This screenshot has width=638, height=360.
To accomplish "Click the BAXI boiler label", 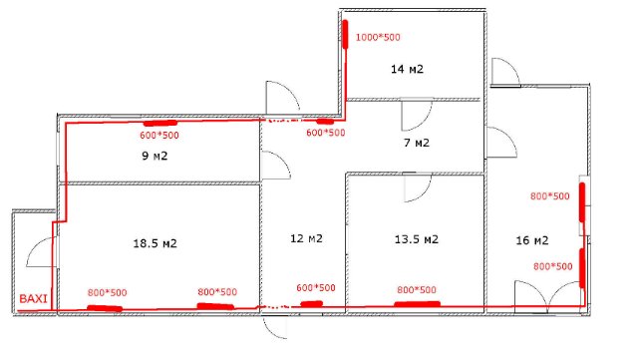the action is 33,298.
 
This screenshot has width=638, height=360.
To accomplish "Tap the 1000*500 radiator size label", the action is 378,38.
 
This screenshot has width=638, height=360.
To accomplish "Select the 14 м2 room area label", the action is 407,69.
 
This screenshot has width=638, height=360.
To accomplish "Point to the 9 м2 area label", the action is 155,156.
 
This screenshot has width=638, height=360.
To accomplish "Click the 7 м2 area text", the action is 417,143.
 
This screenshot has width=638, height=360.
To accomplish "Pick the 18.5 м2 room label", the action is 156,243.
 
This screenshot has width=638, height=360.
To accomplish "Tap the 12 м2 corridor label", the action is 306,238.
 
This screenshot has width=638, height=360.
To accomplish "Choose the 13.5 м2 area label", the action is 417,239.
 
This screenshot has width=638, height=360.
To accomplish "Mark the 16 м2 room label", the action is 532,240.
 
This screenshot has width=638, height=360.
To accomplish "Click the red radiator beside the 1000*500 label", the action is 346,35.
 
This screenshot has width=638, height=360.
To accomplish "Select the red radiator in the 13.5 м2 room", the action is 417,304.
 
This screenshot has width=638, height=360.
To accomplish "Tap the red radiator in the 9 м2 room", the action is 159,123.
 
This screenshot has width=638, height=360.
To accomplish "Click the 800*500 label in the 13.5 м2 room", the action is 417,290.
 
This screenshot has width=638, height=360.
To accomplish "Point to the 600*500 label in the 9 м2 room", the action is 159,136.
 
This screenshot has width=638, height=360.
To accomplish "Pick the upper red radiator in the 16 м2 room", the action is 582,202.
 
